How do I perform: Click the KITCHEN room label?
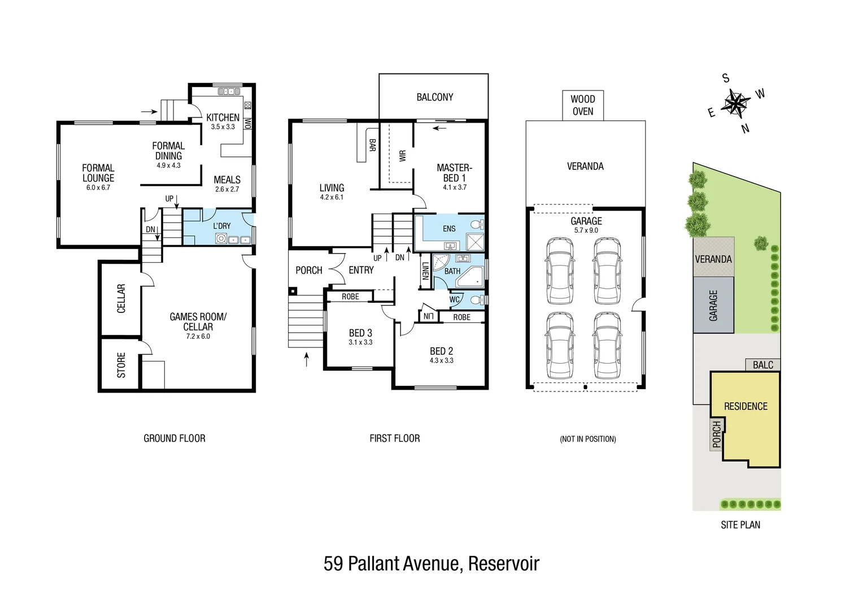tap(223, 117)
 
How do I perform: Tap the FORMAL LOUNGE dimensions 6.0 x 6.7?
tap(98, 188)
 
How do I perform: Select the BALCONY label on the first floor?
tap(434, 97)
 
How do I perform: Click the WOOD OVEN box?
tap(582, 105)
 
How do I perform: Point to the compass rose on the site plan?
tap(736, 103)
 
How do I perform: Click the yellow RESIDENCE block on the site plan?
tap(746, 418)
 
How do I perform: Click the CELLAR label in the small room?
tap(121, 298)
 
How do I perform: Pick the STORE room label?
tap(121, 365)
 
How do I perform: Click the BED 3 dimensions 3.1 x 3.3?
tap(360, 342)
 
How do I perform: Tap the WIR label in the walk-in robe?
tap(402, 156)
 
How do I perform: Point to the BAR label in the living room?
tap(372, 145)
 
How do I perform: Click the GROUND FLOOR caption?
tap(175, 438)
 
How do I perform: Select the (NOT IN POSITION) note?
tap(587, 439)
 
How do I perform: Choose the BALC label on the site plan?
tap(762, 365)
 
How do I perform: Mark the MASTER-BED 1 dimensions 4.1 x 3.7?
tap(455, 188)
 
